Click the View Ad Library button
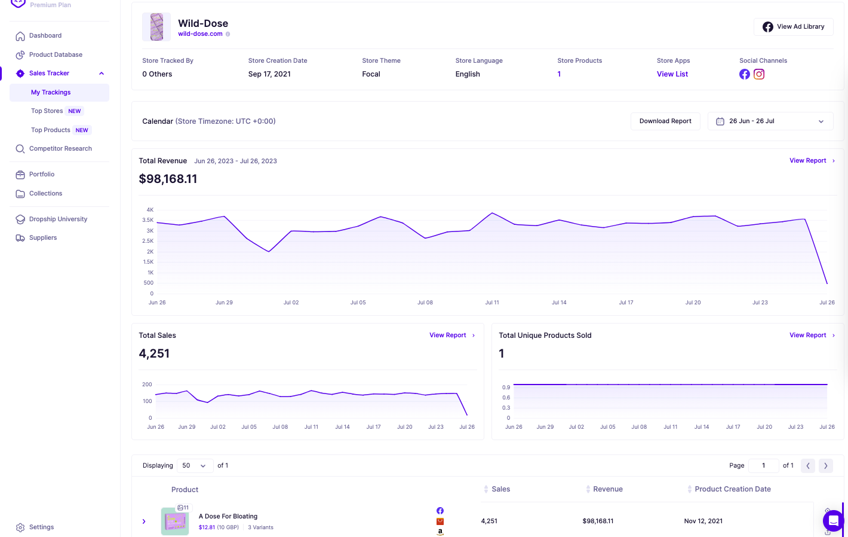pos(793,27)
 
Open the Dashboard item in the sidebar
pos(45,36)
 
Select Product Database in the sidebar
pos(56,54)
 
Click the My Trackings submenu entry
pos(51,93)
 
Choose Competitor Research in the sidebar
pos(60,149)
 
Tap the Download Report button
pos(665,121)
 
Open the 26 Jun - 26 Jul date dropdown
pos(770,121)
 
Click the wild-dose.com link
pos(200,34)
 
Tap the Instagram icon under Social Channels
pos(759,74)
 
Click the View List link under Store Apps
pos(672,74)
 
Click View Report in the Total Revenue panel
pos(808,161)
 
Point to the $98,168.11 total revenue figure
pos(168,179)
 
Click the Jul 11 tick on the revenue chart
pos(492,303)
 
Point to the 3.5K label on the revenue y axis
pos(148,220)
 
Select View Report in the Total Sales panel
pos(448,335)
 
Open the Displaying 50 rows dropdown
pos(195,466)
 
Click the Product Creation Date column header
pos(732,489)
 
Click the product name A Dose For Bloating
pos(228,517)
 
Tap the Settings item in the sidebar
pos(41,527)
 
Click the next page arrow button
pos(825,466)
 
